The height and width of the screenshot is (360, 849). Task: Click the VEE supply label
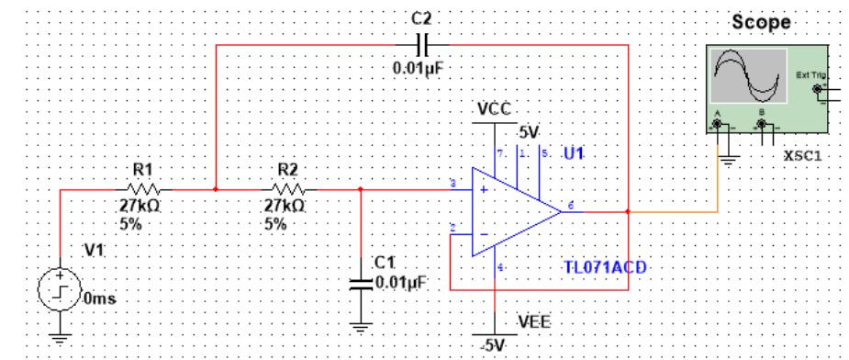pyautogui.click(x=533, y=321)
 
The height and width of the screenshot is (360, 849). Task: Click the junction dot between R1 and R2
pyautogui.click(x=215, y=190)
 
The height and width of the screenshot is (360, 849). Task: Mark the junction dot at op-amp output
pyautogui.click(x=627, y=210)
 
